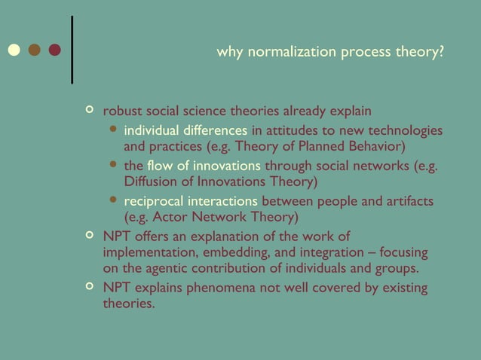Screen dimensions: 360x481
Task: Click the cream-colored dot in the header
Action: [x=14, y=50]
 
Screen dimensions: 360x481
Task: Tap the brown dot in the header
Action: [x=34, y=50]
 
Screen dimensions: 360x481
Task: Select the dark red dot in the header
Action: [x=54, y=50]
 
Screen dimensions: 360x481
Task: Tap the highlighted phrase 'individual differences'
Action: [x=185, y=130]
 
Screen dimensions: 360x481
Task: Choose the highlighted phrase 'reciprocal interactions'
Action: [x=191, y=201]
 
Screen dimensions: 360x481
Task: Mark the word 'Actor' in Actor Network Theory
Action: [x=166, y=217]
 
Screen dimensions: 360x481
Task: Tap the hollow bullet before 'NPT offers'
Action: [x=90, y=236]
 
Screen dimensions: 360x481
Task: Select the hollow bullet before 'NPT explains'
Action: [x=90, y=287]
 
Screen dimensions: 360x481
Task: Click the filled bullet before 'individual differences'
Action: [x=113, y=130]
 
